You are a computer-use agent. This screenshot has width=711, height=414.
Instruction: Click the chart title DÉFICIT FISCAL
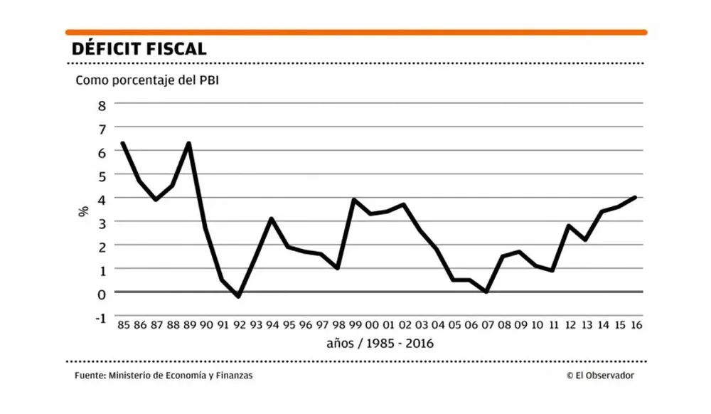(x=139, y=49)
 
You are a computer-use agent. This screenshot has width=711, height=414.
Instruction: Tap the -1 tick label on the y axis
(x=100, y=317)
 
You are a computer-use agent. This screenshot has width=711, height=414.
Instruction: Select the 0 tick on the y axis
(x=102, y=292)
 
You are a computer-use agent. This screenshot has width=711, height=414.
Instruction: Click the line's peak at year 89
(x=188, y=144)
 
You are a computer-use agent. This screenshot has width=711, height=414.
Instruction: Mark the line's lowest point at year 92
(x=238, y=297)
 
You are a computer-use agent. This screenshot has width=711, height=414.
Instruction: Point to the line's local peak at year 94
(x=272, y=219)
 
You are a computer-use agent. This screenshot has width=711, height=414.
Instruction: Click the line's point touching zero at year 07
(x=486, y=292)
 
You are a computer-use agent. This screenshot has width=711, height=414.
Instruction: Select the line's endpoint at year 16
(x=635, y=197)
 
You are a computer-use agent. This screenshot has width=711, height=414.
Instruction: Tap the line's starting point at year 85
(x=122, y=143)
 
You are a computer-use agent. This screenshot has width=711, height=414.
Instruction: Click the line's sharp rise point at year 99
(x=354, y=200)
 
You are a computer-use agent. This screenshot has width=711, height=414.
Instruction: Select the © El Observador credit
(x=600, y=376)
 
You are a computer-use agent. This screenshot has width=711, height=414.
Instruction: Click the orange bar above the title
(x=355, y=32)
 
